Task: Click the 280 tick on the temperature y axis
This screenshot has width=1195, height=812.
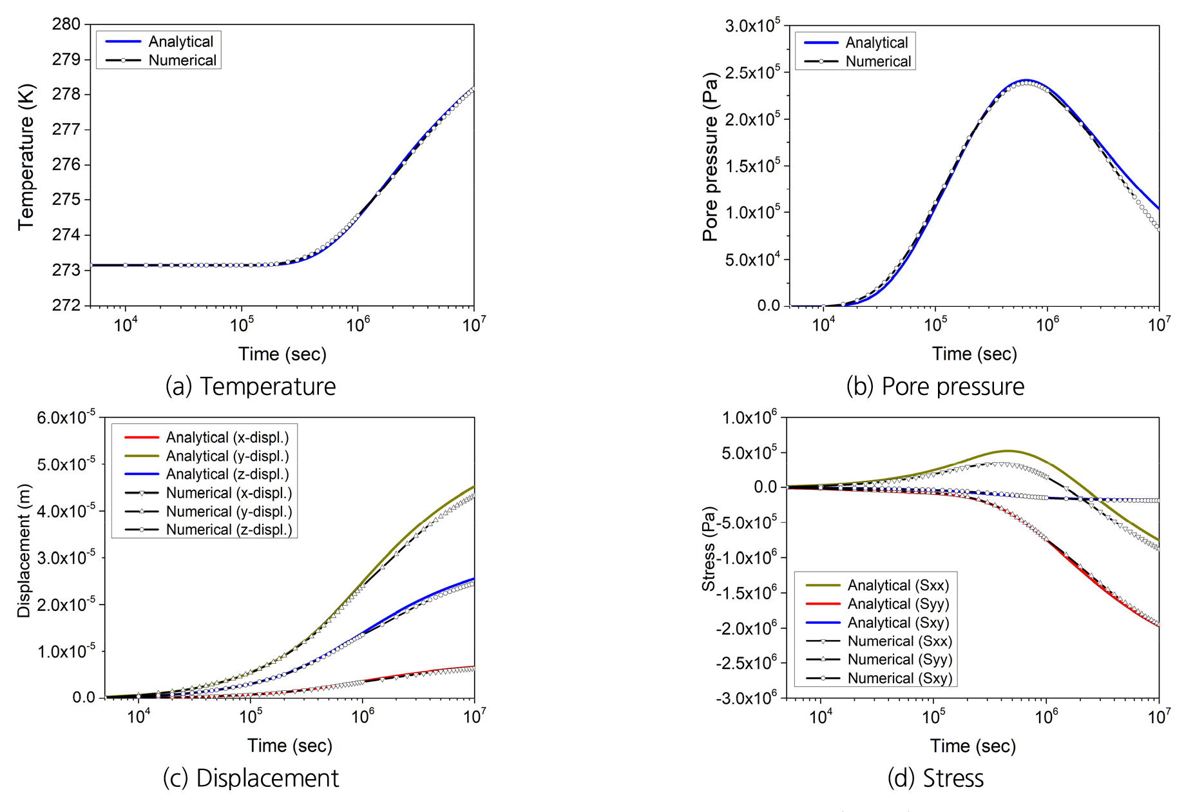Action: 66,24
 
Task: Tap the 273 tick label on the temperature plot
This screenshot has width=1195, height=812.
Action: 66,270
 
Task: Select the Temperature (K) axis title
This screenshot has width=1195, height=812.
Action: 26,157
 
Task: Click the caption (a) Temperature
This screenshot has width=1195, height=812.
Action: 251,387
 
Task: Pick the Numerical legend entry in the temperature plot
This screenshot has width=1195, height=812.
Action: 182,61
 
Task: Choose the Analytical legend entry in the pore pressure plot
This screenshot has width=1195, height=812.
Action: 876,43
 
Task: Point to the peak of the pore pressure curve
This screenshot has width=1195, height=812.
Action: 1026,81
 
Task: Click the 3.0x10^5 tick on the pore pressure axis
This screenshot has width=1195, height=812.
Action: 752,26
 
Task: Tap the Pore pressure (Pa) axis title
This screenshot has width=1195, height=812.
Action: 710,157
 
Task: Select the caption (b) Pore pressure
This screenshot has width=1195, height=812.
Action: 935,387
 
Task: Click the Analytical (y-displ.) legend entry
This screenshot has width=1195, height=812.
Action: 227,456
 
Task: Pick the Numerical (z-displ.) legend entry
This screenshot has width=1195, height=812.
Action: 229,530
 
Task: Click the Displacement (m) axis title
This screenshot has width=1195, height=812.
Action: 24,551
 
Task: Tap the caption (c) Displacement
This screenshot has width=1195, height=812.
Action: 251,778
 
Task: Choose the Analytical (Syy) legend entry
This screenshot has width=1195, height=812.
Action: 898,604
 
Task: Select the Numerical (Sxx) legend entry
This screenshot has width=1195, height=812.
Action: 899,641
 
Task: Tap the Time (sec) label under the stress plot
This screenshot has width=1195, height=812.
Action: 973,746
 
